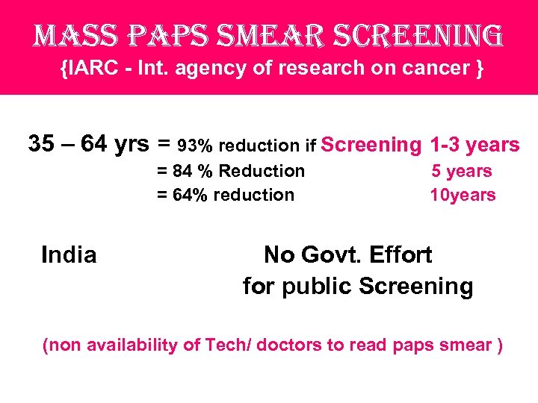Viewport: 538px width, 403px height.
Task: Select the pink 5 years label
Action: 462,171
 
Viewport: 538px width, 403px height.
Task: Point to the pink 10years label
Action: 463,195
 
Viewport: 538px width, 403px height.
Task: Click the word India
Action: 69,255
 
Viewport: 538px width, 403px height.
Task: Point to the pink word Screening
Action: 371,145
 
